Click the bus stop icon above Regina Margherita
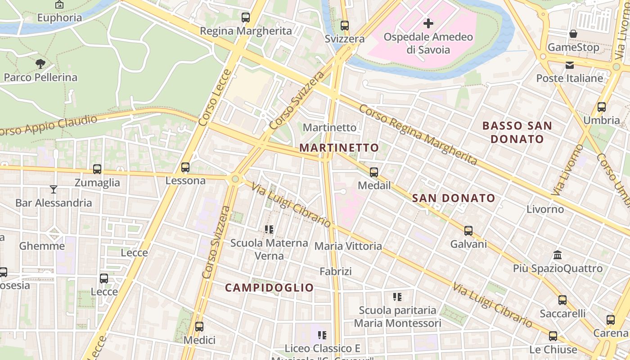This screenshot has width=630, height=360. [x=245, y=18]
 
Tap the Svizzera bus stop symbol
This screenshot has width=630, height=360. [x=345, y=26]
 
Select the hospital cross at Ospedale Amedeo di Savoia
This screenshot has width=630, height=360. [x=428, y=23]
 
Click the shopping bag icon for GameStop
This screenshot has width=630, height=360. [x=573, y=34]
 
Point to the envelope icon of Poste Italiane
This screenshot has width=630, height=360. [x=570, y=65]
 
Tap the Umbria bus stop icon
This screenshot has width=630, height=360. [x=602, y=107]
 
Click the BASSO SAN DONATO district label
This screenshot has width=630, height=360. [x=517, y=132]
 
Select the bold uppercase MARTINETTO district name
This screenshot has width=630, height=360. [x=339, y=148]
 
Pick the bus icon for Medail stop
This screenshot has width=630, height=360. [x=374, y=172]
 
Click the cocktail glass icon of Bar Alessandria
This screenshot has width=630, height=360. [x=54, y=189]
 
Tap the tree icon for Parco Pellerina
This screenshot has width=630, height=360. [x=40, y=64]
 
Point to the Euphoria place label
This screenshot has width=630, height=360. [x=59, y=18]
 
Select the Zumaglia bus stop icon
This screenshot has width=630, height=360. [x=97, y=169]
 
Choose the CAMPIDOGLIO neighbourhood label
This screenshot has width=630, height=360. [x=269, y=288]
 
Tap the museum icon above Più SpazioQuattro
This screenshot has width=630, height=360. [x=558, y=255]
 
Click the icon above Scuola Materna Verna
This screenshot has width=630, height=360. [x=269, y=229]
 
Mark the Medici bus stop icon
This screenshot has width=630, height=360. [x=199, y=327]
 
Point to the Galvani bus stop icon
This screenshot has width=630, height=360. [x=468, y=231]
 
